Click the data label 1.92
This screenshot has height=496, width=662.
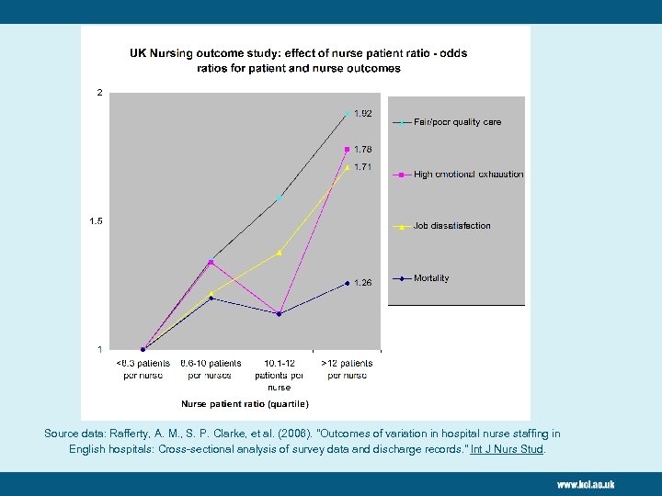(363, 114)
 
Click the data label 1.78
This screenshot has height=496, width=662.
(363, 149)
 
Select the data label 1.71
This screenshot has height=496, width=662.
(363, 167)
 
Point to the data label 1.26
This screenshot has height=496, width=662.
(363, 283)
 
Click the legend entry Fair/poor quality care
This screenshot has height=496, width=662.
(457, 122)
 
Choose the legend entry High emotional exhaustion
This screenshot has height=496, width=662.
(468, 175)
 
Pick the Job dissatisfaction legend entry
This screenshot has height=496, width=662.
(451, 226)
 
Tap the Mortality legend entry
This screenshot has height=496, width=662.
(431, 278)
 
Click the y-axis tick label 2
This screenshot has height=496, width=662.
(99, 93)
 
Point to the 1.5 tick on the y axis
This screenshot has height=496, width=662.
(96, 221)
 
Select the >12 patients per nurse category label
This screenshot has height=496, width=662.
(348, 369)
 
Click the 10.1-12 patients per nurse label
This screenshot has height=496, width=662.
(280, 375)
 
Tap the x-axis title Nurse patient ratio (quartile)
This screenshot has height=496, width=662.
(245, 404)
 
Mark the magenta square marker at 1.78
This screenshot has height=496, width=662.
(348, 149)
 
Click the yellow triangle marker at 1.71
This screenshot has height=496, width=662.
(348, 167)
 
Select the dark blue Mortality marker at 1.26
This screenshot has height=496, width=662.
(348, 283)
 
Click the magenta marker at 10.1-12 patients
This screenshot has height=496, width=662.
(280, 313)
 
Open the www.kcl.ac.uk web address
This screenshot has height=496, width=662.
(585, 484)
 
